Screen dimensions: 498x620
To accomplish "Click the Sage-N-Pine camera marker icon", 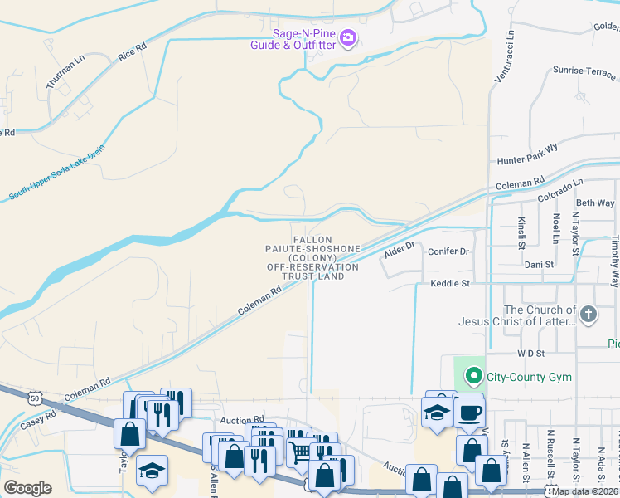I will (348, 37).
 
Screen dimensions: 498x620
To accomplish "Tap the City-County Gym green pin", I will (474, 376).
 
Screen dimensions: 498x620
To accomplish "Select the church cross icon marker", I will (589, 314).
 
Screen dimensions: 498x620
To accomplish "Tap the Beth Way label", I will (595, 203).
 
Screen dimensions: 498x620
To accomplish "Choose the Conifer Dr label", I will (448, 251).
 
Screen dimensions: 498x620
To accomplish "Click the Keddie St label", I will (450, 284).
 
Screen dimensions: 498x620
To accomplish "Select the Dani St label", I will (539, 264).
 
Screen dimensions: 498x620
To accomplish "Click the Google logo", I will (27, 488).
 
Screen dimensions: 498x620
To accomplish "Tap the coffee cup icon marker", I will (469, 412).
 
